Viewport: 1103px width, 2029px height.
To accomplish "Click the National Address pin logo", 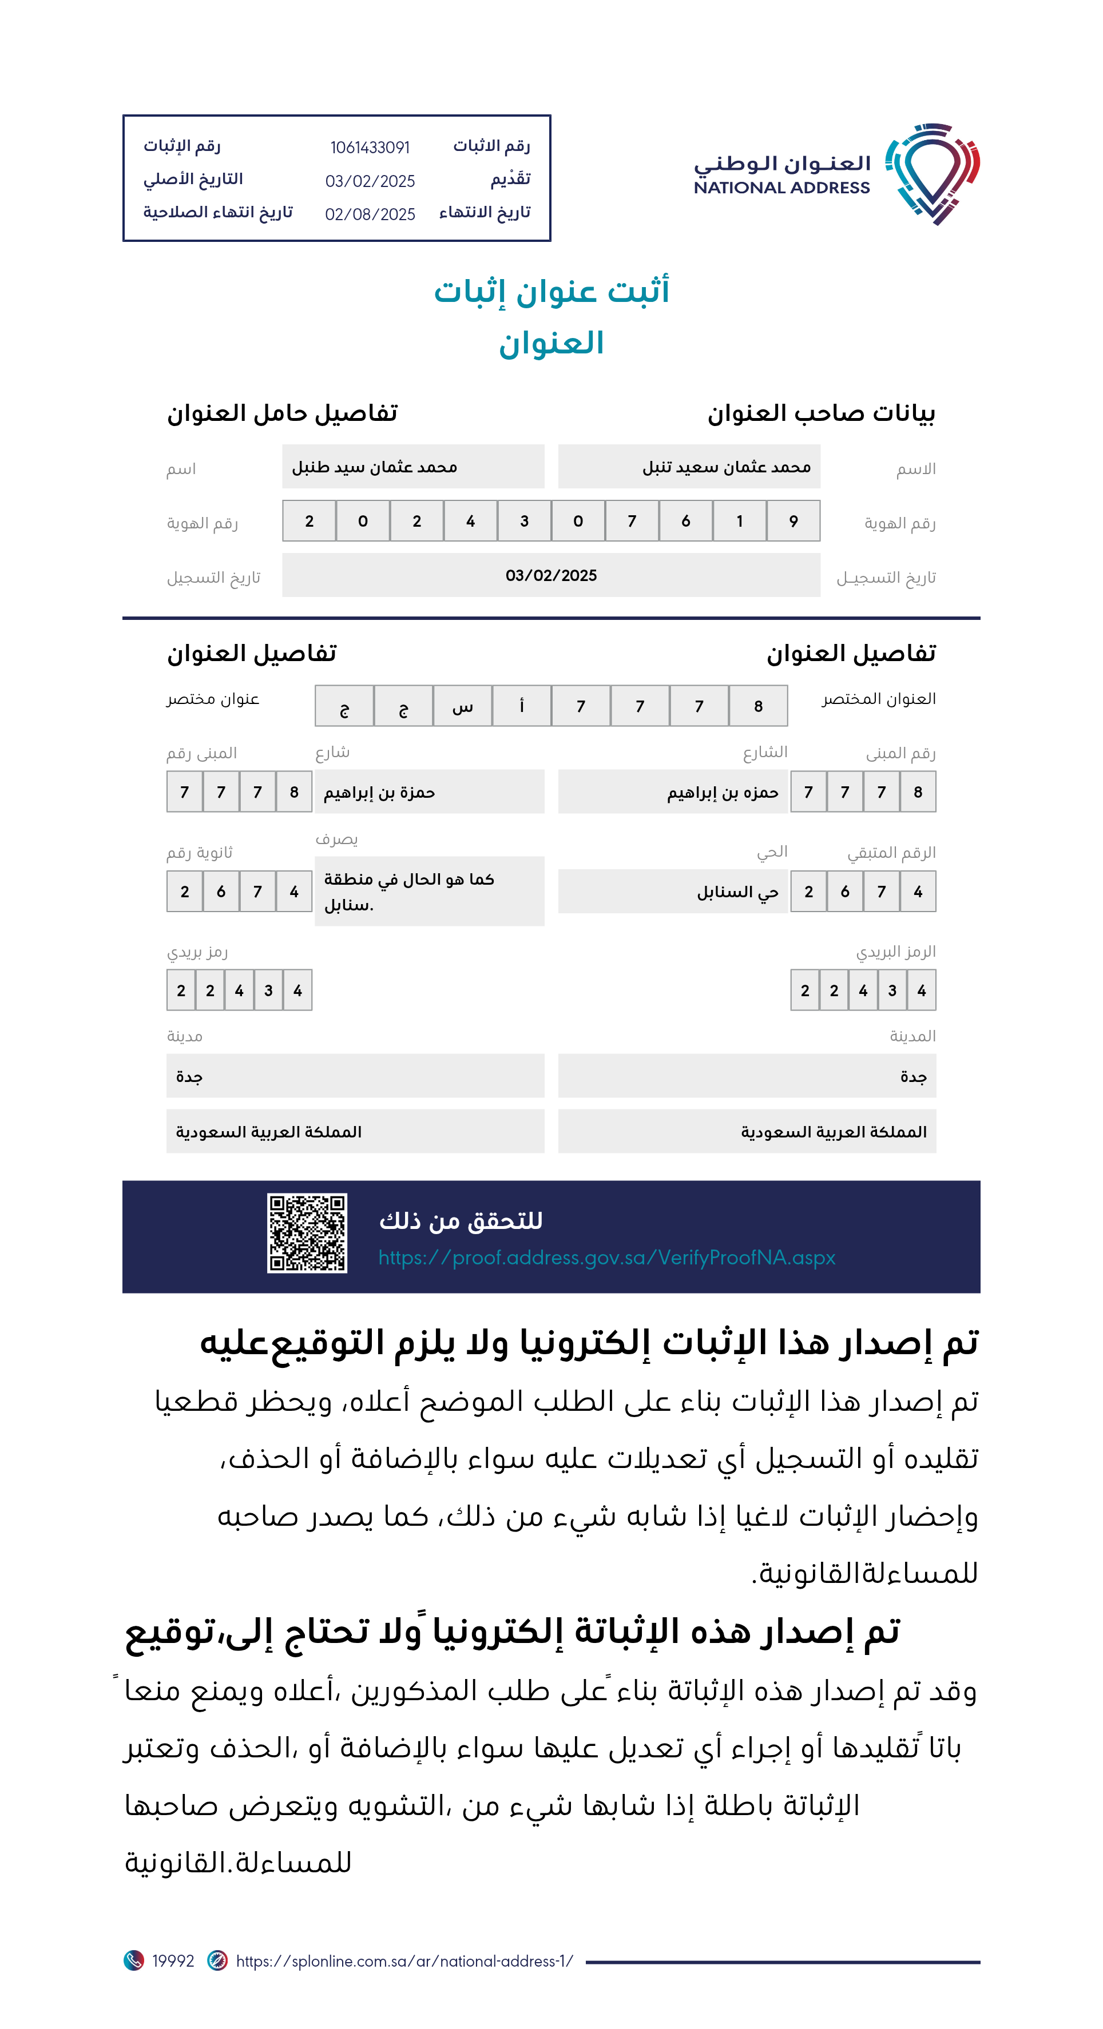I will (932, 173).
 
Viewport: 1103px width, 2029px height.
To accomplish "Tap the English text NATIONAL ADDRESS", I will (781, 188).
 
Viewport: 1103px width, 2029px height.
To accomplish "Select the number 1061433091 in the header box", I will (370, 148).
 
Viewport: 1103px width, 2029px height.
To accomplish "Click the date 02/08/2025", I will (370, 214).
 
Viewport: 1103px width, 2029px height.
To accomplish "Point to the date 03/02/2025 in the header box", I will (370, 181).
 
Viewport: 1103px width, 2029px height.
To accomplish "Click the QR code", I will (307, 1233).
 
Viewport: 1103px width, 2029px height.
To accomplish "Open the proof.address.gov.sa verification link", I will (606, 1258).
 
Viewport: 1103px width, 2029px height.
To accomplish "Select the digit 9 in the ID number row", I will (793, 522).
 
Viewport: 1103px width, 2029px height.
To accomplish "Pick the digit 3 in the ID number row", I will (524, 522).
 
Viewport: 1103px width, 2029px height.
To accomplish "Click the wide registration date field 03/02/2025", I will (551, 576).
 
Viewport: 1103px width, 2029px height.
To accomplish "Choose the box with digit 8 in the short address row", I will (758, 706).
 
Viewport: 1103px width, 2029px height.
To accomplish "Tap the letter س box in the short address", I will (462, 706).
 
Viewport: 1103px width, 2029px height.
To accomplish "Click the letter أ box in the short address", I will (522, 706).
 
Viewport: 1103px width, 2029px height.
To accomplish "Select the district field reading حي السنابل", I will (673, 892).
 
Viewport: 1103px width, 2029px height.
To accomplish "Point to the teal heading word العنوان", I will (551, 344).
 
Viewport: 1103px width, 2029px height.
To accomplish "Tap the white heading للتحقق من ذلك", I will (461, 1221).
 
